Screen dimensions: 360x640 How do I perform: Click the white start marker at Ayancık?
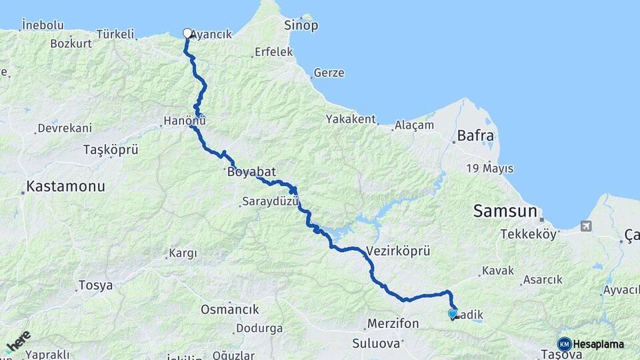tap(187, 33)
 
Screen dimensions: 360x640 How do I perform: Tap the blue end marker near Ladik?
tap(453, 313)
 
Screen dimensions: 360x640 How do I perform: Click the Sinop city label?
tap(301, 26)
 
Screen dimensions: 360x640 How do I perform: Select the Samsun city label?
tap(505, 211)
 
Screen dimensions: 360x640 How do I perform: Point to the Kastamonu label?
tap(65, 186)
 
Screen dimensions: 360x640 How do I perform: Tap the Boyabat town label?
tap(251, 172)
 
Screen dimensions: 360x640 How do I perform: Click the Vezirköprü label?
tap(398, 251)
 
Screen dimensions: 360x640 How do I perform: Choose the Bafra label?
tap(475, 136)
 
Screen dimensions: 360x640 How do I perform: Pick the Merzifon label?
tap(393, 324)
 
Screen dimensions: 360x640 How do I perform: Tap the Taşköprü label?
tap(111, 150)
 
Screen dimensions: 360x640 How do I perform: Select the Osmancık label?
tap(229, 309)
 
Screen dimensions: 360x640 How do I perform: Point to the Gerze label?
tap(329, 73)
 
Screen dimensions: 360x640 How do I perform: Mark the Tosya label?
tap(95, 285)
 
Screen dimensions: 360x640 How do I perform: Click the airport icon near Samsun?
tap(585, 226)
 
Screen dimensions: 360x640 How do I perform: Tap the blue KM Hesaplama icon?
tap(564, 344)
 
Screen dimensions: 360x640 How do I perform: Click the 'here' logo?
tap(18, 341)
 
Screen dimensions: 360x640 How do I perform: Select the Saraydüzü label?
tap(268, 201)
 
